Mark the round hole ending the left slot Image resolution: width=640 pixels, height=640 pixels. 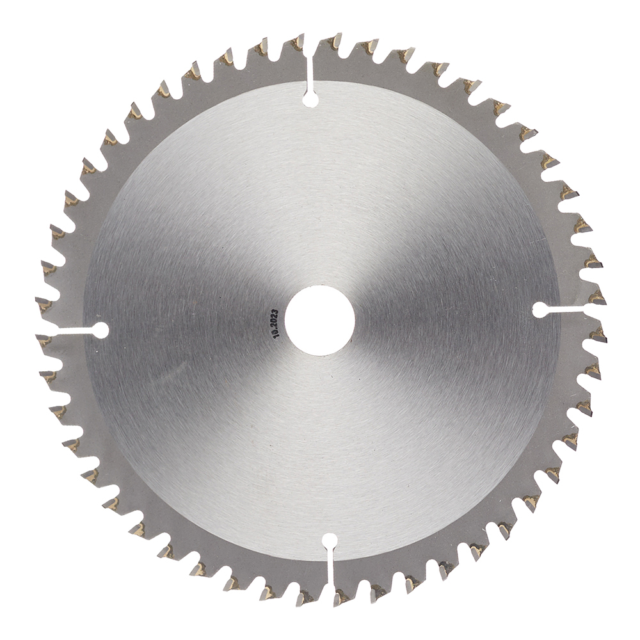pos(100,330)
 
